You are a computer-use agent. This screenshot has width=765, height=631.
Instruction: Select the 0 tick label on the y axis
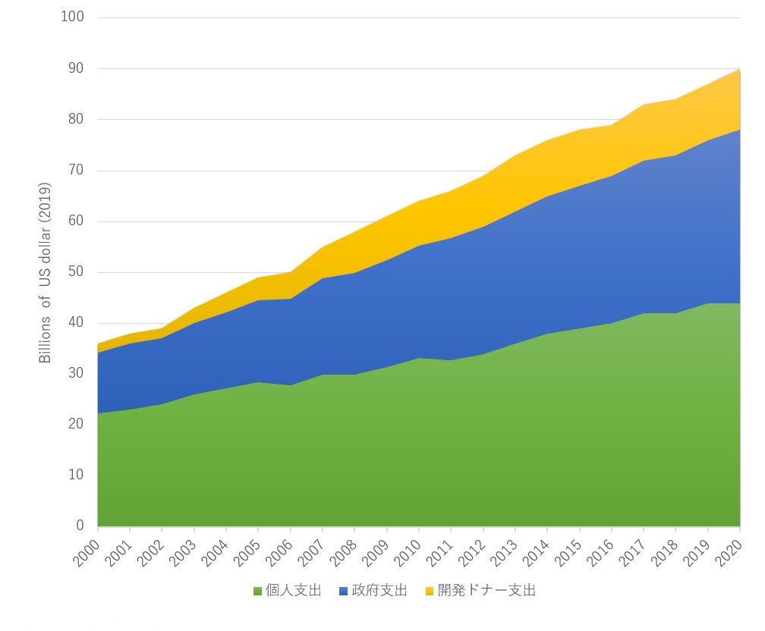coord(80,526)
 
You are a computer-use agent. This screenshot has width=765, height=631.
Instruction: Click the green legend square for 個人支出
coord(257,591)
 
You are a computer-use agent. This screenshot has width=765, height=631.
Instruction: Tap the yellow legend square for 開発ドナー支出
coord(430,591)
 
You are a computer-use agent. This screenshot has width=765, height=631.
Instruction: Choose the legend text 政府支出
coord(379,591)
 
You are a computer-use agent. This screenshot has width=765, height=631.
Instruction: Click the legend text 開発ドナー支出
coord(486,591)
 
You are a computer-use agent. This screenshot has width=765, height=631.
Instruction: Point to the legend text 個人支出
coord(294,591)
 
